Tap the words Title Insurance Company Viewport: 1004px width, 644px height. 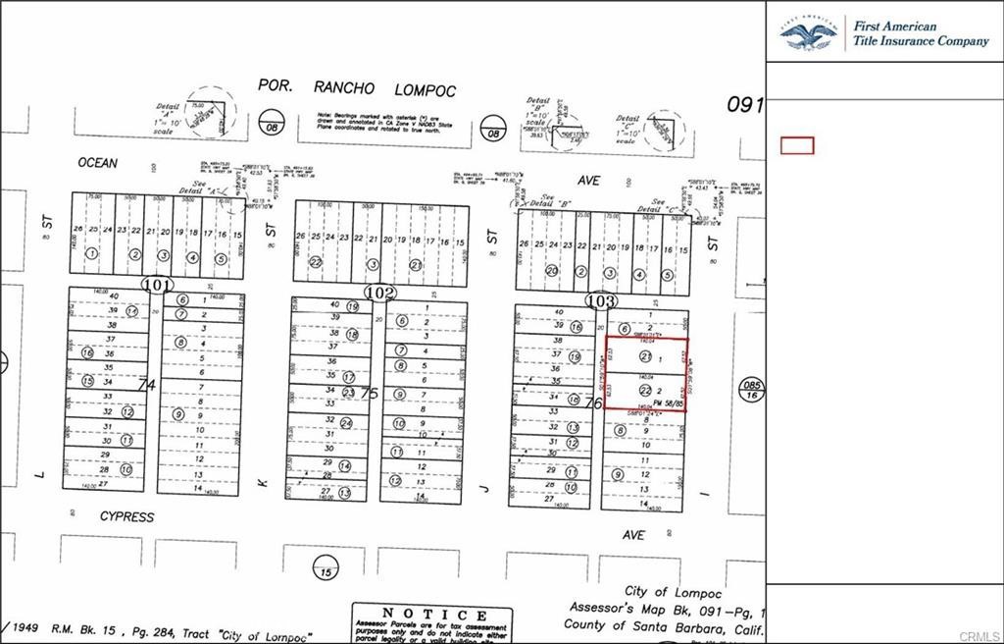coord(921,41)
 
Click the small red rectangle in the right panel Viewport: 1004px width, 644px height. coord(797,145)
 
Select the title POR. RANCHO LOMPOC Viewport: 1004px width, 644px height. coord(357,88)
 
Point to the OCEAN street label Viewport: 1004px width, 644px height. coord(97,163)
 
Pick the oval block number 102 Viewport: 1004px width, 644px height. coord(379,293)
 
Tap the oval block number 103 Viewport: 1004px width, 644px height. coord(600,300)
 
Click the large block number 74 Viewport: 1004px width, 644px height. coord(147,385)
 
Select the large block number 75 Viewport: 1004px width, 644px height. coord(369,393)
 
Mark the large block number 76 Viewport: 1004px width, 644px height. coord(592,402)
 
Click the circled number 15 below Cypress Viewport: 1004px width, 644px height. coord(324,568)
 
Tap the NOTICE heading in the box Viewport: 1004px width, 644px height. coord(432,614)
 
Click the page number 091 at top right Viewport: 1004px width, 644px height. coord(745,104)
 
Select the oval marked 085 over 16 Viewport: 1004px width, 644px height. coord(752,390)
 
